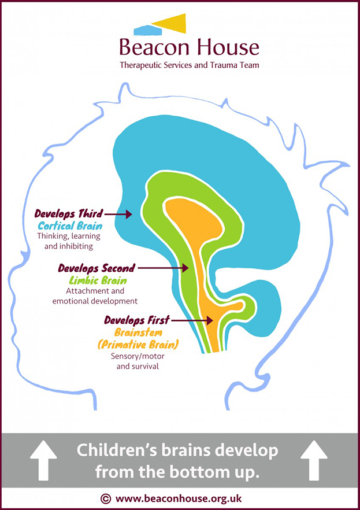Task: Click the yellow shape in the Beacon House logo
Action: [x=172, y=23]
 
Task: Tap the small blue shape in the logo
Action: [x=147, y=28]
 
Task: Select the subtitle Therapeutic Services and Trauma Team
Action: [x=189, y=65]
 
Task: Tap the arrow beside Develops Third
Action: [x=119, y=215]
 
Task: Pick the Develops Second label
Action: [x=97, y=268]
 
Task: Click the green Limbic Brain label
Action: [x=99, y=280]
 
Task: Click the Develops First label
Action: [x=138, y=320]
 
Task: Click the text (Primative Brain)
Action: [x=138, y=345]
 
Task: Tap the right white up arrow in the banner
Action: [x=314, y=460]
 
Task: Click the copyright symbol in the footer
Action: [x=105, y=498]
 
